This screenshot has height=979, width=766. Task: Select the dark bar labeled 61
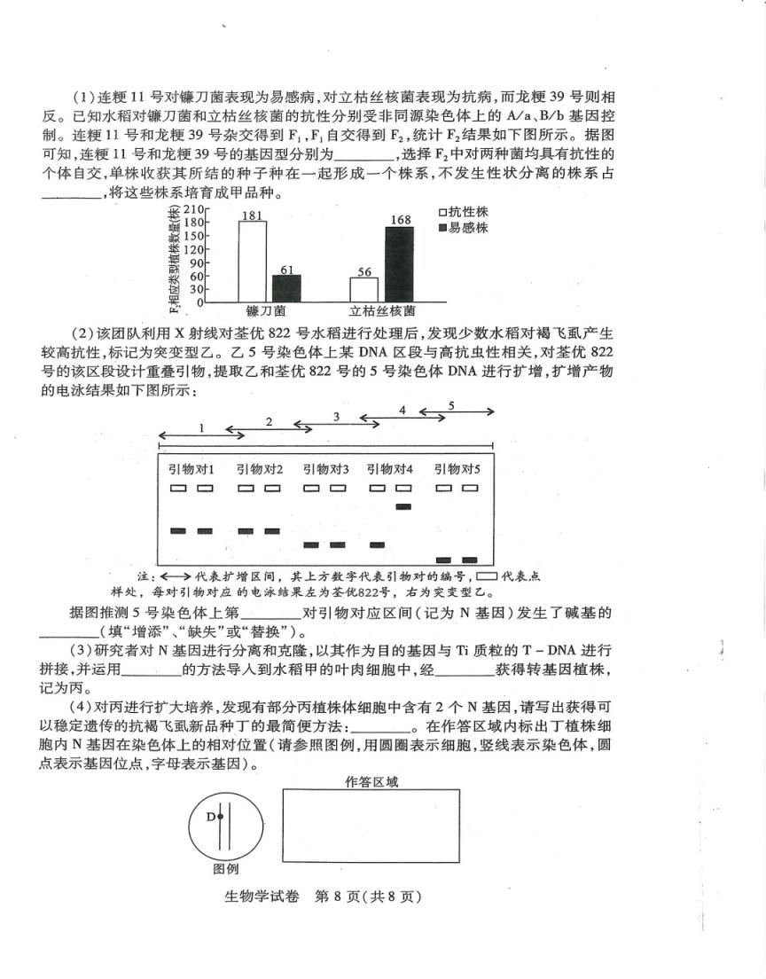point(285,288)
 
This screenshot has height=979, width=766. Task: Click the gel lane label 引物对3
point(325,469)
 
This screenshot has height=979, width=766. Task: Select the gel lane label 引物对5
point(457,469)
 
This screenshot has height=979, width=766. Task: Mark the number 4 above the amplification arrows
point(403,411)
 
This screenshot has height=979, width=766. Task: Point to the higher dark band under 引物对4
point(403,506)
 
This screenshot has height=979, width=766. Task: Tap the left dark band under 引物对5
point(444,560)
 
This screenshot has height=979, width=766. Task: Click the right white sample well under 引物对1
point(205,488)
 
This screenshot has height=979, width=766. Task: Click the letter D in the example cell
point(211,816)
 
